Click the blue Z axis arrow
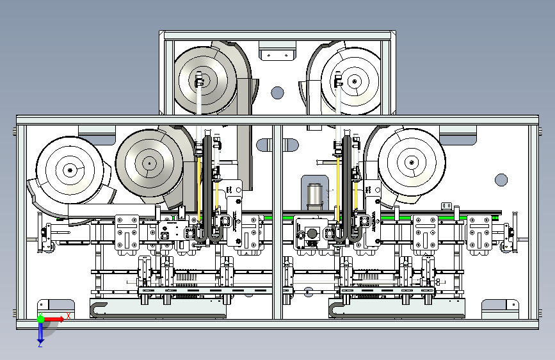[x=40, y=332]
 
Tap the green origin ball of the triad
[x=40, y=318]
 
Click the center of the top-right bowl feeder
[x=353, y=81]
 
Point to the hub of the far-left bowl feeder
[x=70, y=169]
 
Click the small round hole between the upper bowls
[x=277, y=93]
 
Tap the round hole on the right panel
[x=501, y=180]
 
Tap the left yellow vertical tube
[x=200, y=186]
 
